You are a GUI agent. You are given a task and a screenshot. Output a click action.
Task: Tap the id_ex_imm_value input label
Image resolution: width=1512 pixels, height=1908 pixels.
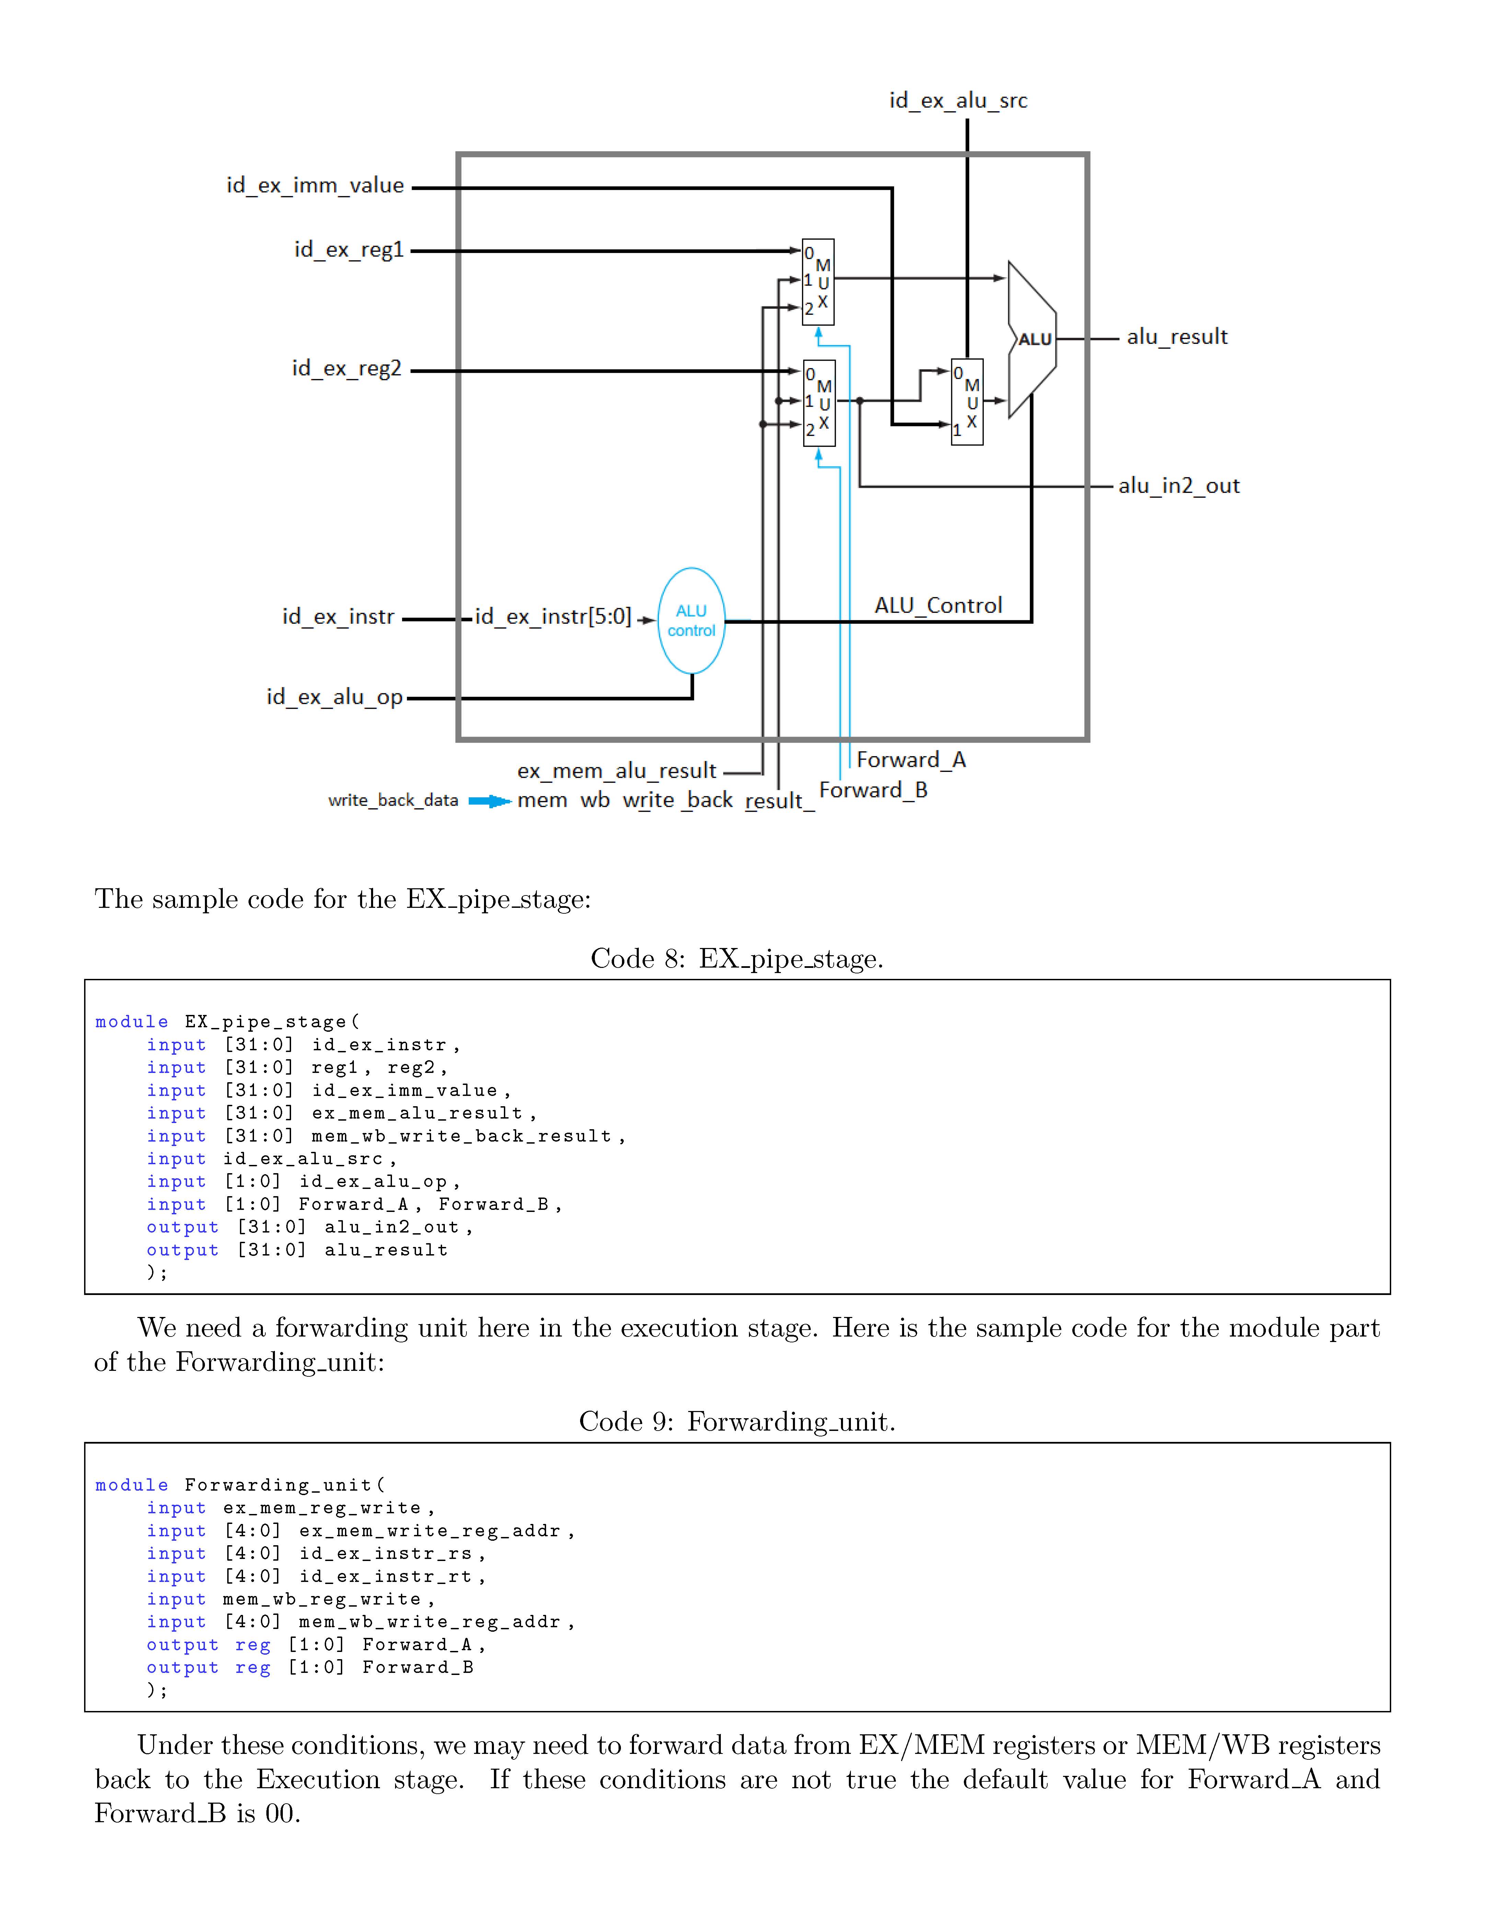[x=315, y=186]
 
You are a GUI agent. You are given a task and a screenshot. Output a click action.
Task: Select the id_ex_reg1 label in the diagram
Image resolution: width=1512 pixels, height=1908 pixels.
[x=349, y=250]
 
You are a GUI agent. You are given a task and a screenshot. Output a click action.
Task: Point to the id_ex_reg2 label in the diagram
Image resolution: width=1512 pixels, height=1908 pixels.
[x=347, y=368]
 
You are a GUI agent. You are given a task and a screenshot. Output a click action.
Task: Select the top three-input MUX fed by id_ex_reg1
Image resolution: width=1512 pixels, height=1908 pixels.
[x=818, y=281]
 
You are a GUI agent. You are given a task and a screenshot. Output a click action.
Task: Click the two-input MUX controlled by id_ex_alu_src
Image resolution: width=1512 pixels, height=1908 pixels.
[x=967, y=402]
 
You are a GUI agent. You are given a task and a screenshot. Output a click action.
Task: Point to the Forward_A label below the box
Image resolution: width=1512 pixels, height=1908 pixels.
[x=911, y=760]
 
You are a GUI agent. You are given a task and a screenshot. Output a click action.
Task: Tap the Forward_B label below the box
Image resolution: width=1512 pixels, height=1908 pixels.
[x=873, y=790]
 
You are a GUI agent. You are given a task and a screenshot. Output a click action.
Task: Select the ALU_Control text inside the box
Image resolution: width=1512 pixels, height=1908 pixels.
[x=938, y=605]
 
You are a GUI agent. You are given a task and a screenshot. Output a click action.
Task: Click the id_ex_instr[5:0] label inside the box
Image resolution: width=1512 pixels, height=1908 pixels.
[x=553, y=617]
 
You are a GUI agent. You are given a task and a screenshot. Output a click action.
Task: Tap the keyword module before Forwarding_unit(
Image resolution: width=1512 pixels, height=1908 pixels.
[x=132, y=1485]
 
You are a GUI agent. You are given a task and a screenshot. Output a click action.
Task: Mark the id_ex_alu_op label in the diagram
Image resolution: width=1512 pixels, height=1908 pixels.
[x=335, y=697]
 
